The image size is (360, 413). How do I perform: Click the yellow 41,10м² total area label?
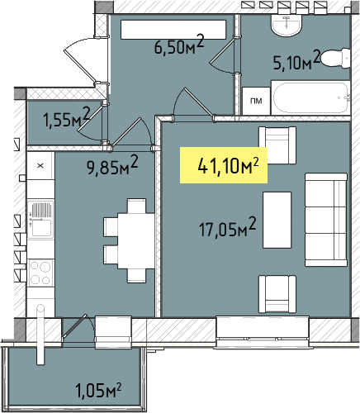[224, 165]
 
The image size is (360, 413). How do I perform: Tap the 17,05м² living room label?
[228, 228]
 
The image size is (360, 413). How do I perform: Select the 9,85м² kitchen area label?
[112, 165]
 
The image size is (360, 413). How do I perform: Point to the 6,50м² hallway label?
[179, 45]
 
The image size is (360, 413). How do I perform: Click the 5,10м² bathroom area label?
[296, 60]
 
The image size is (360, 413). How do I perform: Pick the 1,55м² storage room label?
[67, 118]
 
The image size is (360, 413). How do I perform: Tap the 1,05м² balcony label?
[98, 390]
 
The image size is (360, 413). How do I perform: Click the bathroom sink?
[287, 25]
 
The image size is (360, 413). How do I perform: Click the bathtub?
[310, 97]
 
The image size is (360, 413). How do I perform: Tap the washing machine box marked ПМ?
[256, 101]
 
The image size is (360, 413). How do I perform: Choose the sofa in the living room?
[326, 220]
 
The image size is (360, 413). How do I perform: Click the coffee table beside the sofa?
[277, 220]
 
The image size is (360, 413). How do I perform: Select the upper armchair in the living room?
[277, 145]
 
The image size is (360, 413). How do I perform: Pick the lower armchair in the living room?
[277, 294]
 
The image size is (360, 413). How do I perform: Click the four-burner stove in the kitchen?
[40, 273]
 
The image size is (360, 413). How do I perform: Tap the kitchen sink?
[40, 220]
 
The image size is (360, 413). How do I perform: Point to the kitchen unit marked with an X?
[40, 166]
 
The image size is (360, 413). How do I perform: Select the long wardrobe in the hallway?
[173, 29]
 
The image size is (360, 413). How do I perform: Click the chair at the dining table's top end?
[136, 206]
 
